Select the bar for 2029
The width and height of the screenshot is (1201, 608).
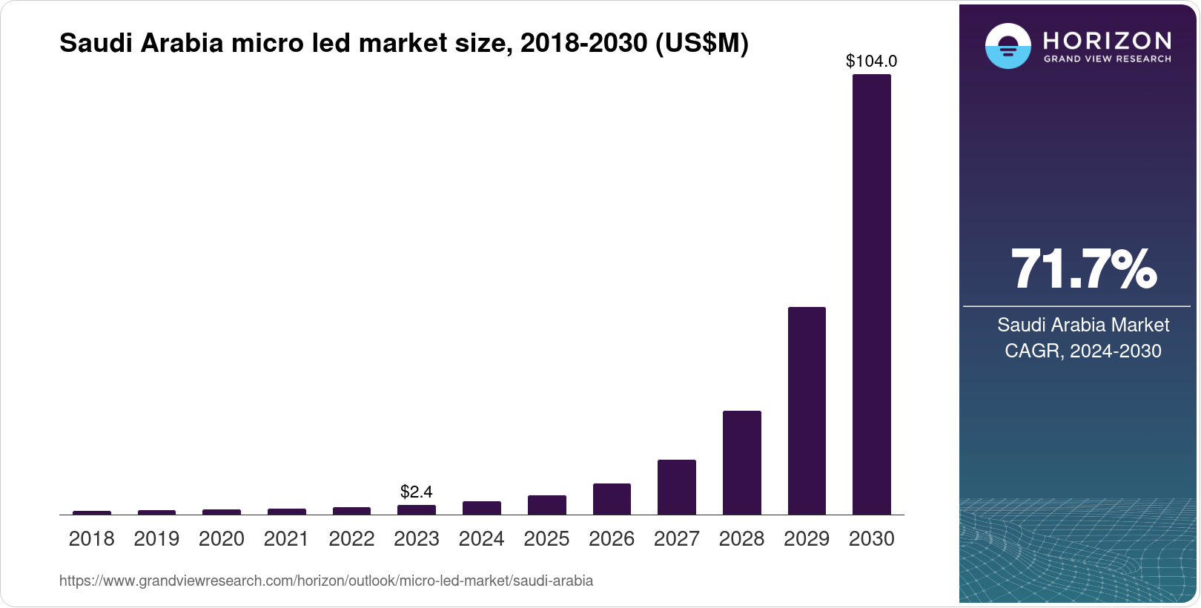[x=807, y=411]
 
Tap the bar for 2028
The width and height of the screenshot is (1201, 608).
[x=741, y=463]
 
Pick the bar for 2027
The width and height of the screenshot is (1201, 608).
[x=676, y=487]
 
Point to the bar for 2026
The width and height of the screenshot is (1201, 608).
[x=612, y=499]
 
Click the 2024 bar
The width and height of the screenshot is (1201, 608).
[x=481, y=508]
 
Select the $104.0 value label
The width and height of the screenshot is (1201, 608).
[x=871, y=62]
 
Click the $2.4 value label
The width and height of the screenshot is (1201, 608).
[x=416, y=492]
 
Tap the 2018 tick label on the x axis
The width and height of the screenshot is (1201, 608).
[x=91, y=539]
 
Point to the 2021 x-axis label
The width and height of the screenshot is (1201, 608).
[x=286, y=539]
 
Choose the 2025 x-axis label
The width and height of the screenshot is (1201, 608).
[x=546, y=539]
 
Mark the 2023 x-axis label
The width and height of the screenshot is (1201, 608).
[x=416, y=539]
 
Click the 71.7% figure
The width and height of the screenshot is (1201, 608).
[x=1082, y=269]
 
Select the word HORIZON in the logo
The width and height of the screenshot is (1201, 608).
[x=1107, y=40]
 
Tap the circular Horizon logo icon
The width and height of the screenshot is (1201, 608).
[x=1008, y=46]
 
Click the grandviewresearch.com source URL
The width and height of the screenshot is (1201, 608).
[x=326, y=581]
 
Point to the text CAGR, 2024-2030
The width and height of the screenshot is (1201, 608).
[x=1082, y=351]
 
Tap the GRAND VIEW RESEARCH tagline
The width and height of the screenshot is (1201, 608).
[x=1107, y=59]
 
